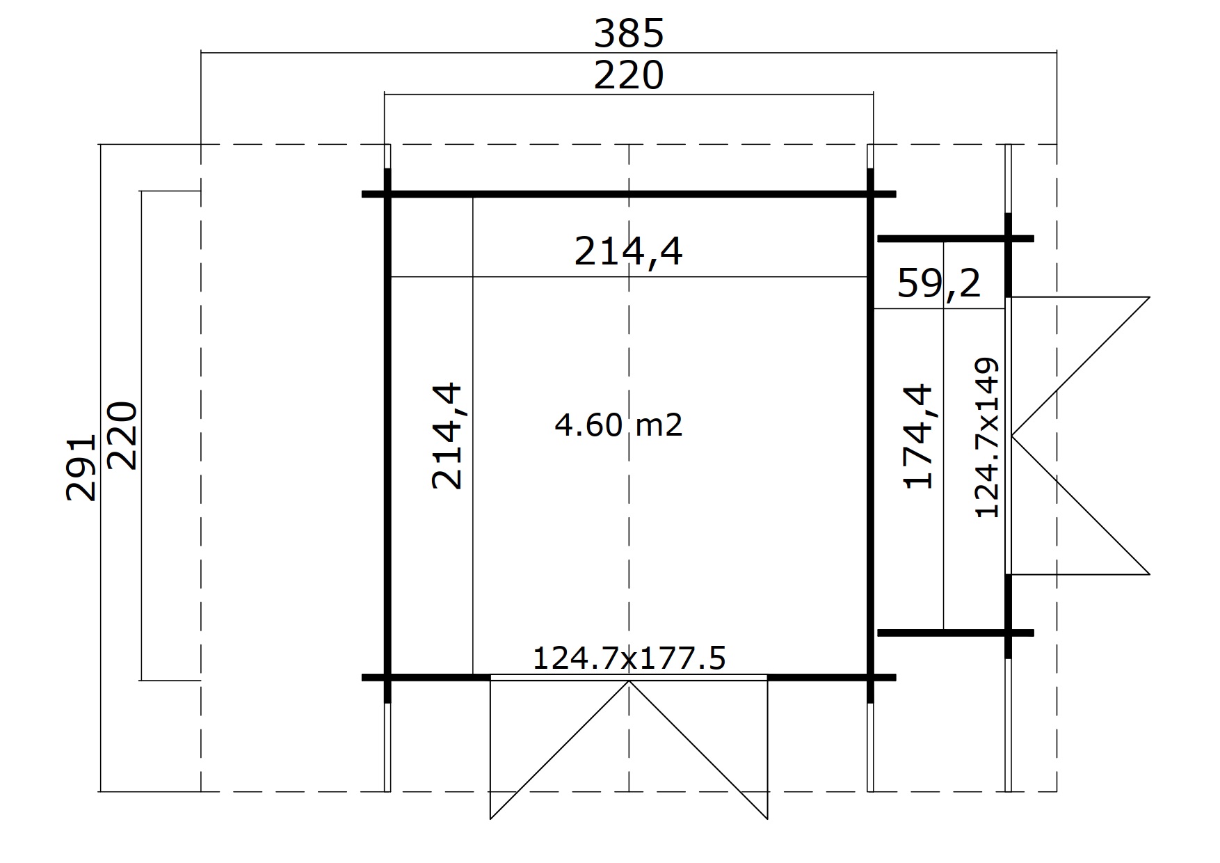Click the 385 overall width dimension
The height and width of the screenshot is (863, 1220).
pyautogui.click(x=629, y=33)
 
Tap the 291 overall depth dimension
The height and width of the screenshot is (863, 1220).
pyautogui.click(x=81, y=468)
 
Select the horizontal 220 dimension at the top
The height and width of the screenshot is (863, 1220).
pyautogui.click(x=629, y=76)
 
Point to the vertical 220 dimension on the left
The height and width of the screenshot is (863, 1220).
pyautogui.click(x=123, y=436)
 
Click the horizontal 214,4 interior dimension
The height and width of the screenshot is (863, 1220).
pyautogui.click(x=629, y=251)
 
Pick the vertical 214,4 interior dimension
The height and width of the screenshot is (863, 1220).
pyautogui.click(x=447, y=436)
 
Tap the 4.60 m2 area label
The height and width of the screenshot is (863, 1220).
pyautogui.click(x=618, y=424)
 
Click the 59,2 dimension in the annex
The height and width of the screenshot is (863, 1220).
pyautogui.click(x=939, y=283)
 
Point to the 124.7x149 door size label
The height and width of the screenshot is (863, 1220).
pyautogui.click(x=987, y=438)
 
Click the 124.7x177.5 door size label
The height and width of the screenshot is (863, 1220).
pyautogui.click(x=629, y=658)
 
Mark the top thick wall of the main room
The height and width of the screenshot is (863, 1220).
pyautogui.click(x=629, y=194)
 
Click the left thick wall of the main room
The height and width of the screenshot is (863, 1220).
pyautogui.click(x=388, y=436)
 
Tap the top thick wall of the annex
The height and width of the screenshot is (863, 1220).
pyautogui.click(x=956, y=239)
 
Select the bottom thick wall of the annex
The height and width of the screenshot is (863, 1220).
pyautogui.click(x=956, y=633)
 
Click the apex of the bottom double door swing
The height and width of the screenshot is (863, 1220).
pyautogui.click(x=629, y=681)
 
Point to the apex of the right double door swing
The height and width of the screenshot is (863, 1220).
pyautogui.click(x=1012, y=436)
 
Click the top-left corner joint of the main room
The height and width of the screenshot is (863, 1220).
pyautogui.click(x=388, y=194)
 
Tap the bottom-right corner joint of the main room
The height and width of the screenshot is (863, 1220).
pyautogui.click(x=870, y=677)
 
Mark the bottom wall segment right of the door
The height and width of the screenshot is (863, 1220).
pyautogui.click(x=831, y=677)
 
